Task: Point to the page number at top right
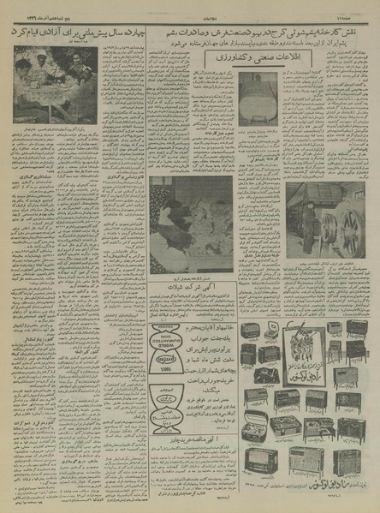pyautogui.click(x=359, y=5)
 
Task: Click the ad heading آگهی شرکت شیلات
pyautogui.click(x=184, y=296)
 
